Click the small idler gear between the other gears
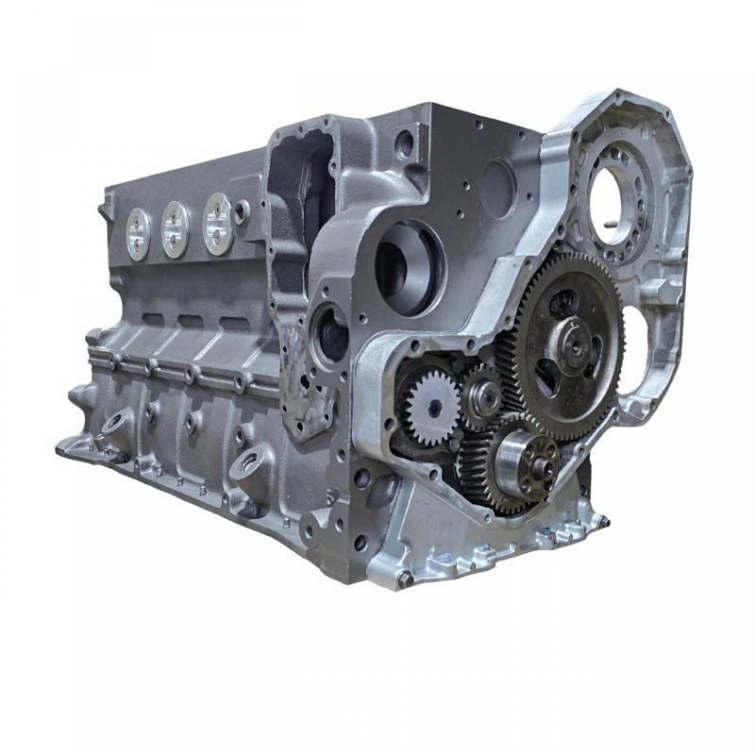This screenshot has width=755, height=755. tap(482, 397)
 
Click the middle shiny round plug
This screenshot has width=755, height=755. tap(176, 226)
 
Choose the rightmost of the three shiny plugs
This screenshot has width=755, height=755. tap(217, 223)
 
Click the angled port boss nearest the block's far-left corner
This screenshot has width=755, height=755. tap(118, 421)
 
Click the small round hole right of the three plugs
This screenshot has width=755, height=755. tap(243, 212)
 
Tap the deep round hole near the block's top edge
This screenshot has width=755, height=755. tap(405, 144)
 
